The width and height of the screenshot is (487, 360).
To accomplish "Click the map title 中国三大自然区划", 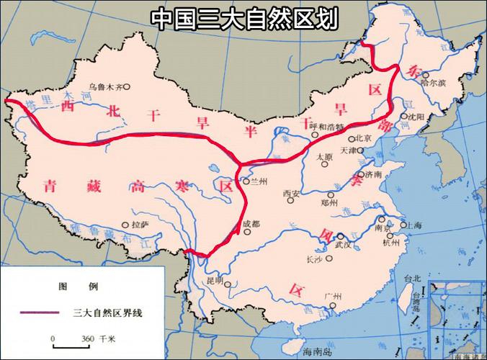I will click(x=243, y=18).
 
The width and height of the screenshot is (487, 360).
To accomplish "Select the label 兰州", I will click(x=258, y=182).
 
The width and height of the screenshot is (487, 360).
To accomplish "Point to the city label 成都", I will click(x=254, y=224).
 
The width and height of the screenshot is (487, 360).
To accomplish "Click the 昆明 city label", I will click(x=215, y=280).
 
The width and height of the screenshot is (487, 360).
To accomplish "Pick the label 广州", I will click(x=333, y=295).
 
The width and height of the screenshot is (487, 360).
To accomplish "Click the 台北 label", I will click(x=412, y=279).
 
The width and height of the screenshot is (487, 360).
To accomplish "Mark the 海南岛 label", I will click(x=316, y=351).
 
